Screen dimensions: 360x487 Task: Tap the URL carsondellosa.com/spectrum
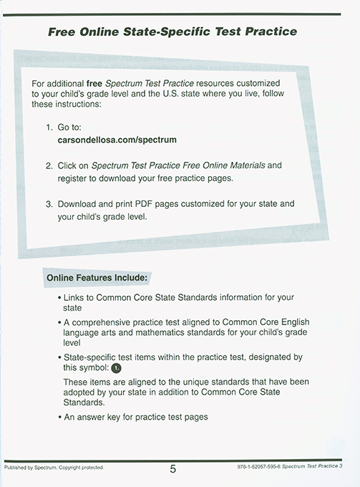(117, 140)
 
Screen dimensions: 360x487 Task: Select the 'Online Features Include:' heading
(97, 276)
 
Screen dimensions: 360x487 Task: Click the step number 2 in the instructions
(49, 165)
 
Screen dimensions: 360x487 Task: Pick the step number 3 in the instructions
(49, 203)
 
